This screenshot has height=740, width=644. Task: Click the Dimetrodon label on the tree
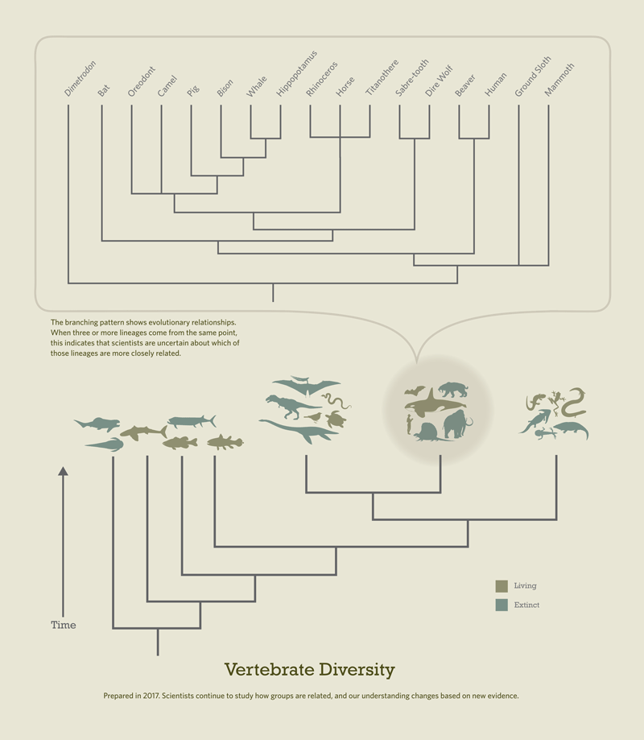coord(80,78)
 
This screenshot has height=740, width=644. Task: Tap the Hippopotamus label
coord(296,73)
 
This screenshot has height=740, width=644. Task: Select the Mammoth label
coord(559,79)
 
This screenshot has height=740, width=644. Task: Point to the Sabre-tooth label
coord(411,77)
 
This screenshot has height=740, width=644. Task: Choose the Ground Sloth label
coord(533,76)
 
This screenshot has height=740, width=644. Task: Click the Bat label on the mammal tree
coord(103,90)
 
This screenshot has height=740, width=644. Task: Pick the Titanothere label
coord(382,77)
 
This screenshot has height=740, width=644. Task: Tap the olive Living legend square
coord(502,586)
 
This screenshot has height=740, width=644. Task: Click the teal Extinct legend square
coord(502,605)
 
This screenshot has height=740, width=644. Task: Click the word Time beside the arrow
coord(64,625)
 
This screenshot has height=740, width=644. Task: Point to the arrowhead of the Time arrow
coord(64,471)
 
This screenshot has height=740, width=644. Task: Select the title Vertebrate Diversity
coord(309,670)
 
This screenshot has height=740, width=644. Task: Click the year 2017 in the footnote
coord(151,696)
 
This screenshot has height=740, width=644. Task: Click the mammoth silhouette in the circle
coord(457,424)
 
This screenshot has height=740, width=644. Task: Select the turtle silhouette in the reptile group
coord(336,419)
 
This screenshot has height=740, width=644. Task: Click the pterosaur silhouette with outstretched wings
coord(306,387)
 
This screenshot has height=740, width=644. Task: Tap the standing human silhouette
coord(409,424)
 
